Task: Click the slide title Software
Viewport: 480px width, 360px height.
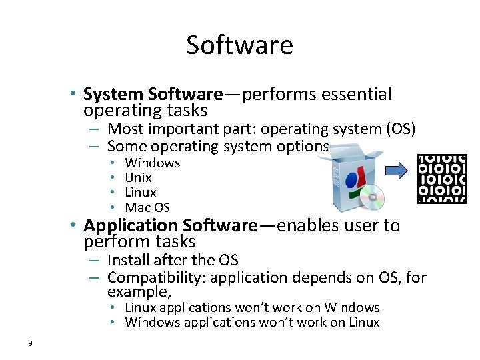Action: [239, 45]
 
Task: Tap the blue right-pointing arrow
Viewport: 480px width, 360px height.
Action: [398, 171]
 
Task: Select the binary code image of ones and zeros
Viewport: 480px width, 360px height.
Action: [442, 178]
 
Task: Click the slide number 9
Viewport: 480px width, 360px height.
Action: [30, 343]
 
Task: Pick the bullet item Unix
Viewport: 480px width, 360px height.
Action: [138, 177]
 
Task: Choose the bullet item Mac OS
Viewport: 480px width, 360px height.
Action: [147, 207]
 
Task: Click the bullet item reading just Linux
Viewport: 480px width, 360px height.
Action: [140, 193]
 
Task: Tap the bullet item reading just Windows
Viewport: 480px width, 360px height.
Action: [153, 163]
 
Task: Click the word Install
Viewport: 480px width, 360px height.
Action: [127, 260]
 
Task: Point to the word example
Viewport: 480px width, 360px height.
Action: [137, 292]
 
